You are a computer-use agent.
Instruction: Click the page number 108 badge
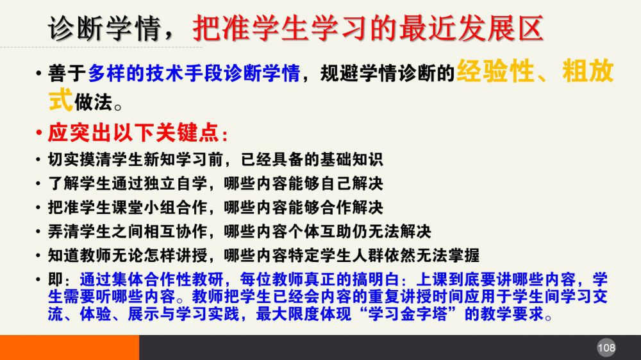(x=606, y=348)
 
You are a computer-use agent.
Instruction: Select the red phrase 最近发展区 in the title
(x=471, y=28)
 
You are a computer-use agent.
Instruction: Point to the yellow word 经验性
(x=495, y=71)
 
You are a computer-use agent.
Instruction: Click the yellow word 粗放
(x=588, y=71)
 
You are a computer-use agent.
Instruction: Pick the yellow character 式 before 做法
(x=60, y=100)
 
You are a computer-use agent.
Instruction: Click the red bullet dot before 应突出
(x=39, y=133)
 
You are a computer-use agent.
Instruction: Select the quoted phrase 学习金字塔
(x=407, y=315)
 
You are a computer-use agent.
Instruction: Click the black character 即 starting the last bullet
(x=55, y=280)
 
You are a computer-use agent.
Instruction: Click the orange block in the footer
(x=69, y=347)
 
